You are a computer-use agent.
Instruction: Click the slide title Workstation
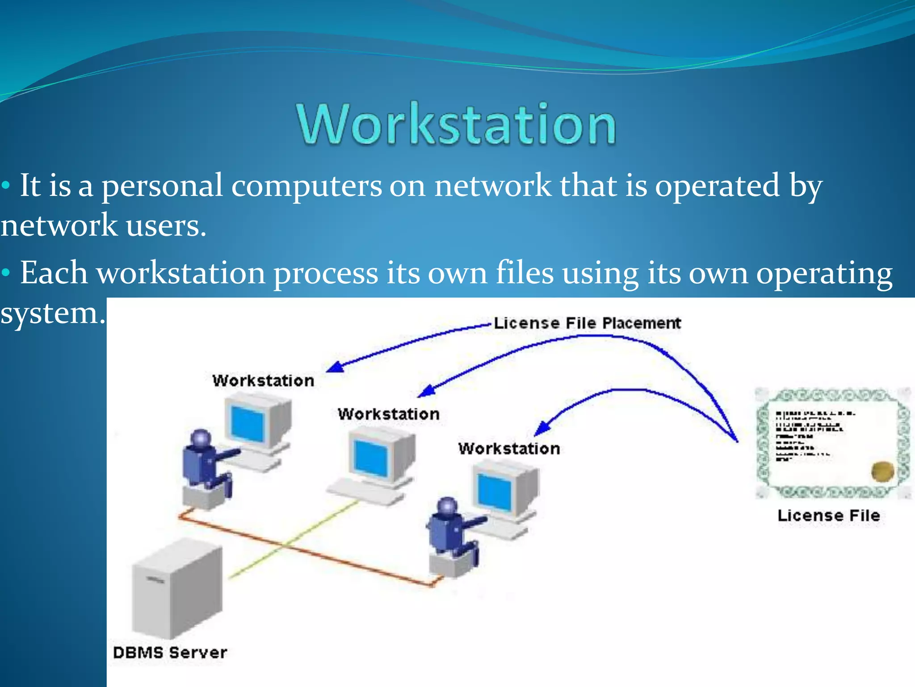pyautogui.click(x=457, y=124)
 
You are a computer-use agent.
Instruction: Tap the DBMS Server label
pyautogui.click(x=170, y=652)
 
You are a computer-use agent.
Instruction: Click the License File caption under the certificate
pyautogui.click(x=828, y=515)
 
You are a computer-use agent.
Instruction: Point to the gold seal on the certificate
pyautogui.click(x=882, y=471)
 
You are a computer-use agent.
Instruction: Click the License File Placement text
pyautogui.click(x=587, y=323)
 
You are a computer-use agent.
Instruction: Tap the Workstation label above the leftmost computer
pyautogui.click(x=263, y=381)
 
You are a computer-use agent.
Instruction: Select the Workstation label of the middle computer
pyautogui.click(x=388, y=414)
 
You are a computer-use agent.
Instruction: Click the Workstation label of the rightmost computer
pyautogui.click(x=509, y=448)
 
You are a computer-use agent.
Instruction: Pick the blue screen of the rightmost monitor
pyautogui.click(x=494, y=492)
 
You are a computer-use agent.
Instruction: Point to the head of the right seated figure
pyautogui.click(x=447, y=507)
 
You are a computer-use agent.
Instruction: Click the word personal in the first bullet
pyautogui.click(x=162, y=185)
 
